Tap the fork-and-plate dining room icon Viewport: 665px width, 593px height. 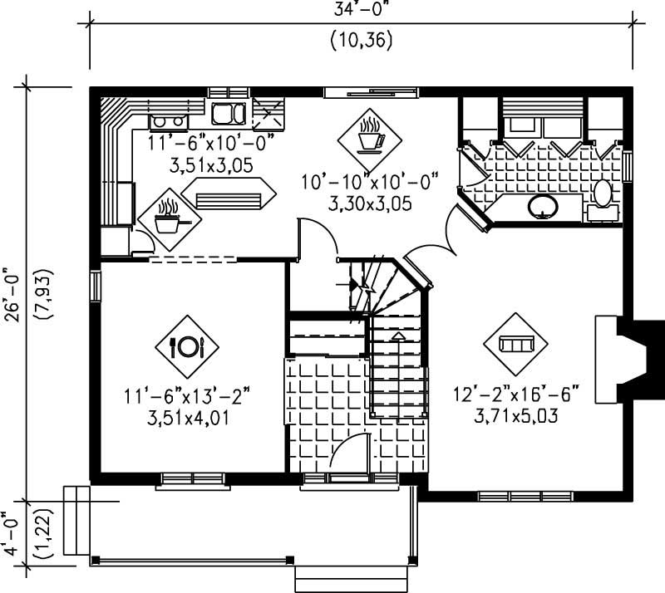[187, 346]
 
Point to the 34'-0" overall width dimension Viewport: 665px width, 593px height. [361, 10]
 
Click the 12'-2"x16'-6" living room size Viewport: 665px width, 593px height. [515, 393]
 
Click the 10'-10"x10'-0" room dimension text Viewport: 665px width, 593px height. [367, 182]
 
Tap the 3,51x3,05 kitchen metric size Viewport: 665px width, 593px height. [210, 165]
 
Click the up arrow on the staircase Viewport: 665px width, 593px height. [398, 336]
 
